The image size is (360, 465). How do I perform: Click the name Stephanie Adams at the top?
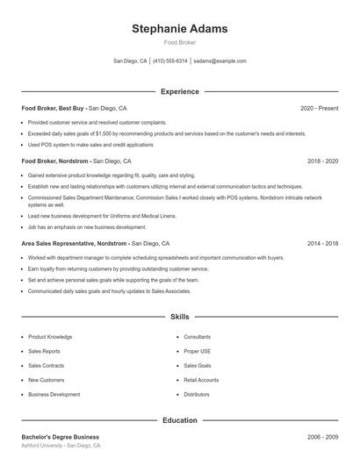pos(179,29)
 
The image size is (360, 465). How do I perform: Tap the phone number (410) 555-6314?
pos(170,61)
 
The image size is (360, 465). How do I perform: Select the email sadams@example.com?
pos(220,61)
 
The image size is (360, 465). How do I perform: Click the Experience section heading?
pos(179,91)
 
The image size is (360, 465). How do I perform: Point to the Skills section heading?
pos(179,316)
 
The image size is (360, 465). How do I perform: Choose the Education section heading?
pos(179,420)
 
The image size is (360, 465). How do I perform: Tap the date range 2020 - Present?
pos(319,108)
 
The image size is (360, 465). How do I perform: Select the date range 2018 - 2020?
pos(322,161)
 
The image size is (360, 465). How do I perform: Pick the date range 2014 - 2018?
pos(322,243)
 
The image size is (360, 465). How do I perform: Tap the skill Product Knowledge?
pos(50,337)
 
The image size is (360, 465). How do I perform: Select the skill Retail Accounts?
pos(201,380)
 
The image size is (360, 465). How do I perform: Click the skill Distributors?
pos(197,395)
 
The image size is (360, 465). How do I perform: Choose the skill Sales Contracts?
pos(46,366)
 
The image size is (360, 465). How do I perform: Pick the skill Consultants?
pos(197,337)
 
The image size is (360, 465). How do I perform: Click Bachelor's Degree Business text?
pos(60,437)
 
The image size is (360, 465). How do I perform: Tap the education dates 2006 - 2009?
pos(322,437)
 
